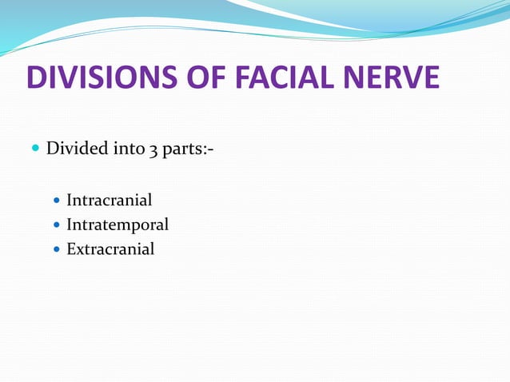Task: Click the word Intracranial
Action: click(110, 200)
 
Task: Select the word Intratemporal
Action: click(118, 225)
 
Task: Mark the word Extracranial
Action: click(110, 249)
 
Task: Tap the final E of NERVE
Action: click(430, 79)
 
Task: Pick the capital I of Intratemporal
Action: click(69, 225)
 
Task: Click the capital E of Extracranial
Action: click(71, 249)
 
